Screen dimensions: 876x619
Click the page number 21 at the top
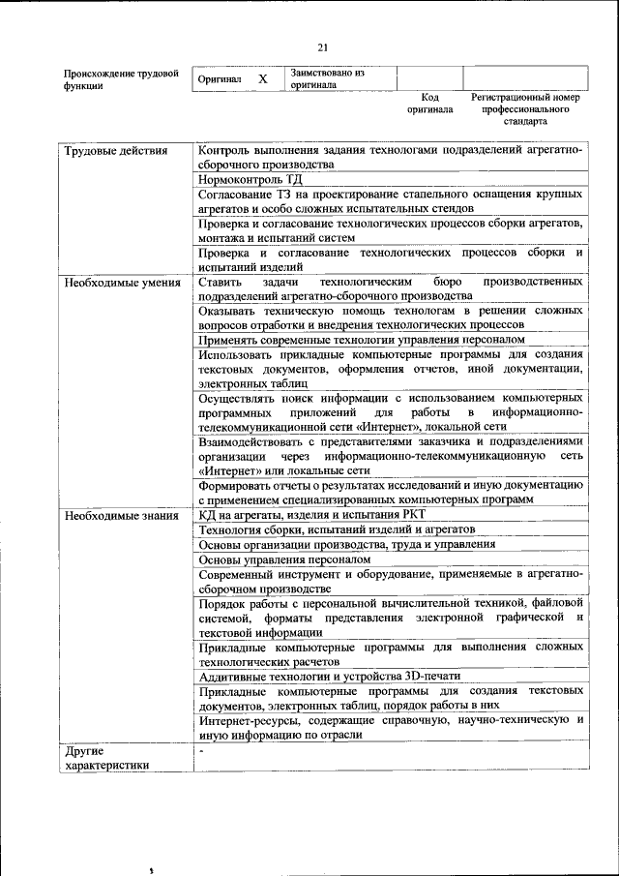tap(323, 46)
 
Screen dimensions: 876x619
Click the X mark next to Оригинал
tap(262, 78)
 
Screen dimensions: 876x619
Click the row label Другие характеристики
tap(106, 757)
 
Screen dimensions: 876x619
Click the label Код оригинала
tap(429, 104)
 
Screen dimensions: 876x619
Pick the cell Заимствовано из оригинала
tap(327, 78)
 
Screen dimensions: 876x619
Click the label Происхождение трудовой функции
tap(121, 78)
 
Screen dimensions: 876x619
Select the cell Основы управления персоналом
tap(284, 559)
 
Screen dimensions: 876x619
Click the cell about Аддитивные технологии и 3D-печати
tap(329, 675)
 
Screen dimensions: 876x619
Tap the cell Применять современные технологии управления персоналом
tap(362, 340)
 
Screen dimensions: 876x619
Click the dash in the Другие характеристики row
tap(202, 750)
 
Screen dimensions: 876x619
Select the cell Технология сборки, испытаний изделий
tap(336, 530)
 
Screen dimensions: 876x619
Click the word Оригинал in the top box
tap(219, 78)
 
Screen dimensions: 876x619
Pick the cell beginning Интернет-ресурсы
tap(390, 726)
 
